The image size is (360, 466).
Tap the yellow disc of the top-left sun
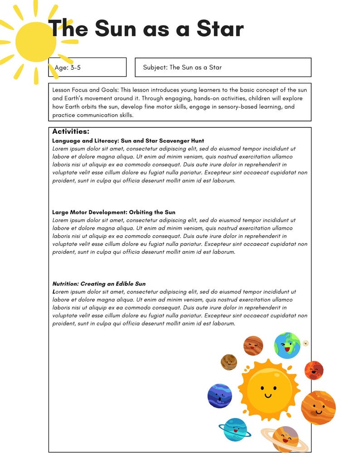[x=35, y=42]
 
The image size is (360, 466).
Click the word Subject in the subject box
[x=154, y=68]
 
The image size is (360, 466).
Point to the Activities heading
[x=71, y=132]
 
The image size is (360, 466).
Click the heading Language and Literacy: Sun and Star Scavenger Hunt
[x=128, y=141]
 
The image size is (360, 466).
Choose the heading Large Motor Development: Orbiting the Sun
[x=113, y=212]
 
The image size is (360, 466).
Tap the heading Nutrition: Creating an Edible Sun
[x=99, y=284]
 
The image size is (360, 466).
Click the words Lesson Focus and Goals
[x=84, y=90]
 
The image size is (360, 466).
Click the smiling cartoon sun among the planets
[x=268, y=387]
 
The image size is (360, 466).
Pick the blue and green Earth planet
[x=287, y=345]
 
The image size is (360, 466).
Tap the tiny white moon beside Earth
[x=306, y=343]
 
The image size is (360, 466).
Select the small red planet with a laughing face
[x=314, y=370]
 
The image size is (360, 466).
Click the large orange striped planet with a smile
[x=318, y=408]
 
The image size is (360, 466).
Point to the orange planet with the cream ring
[x=285, y=438]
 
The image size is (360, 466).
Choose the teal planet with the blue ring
[x=235, y=429]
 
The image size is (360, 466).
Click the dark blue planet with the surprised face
[x=220, y=396]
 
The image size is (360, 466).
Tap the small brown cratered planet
[x=229, y=362]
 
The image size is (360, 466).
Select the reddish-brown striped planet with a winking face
[x=253, y=346]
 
